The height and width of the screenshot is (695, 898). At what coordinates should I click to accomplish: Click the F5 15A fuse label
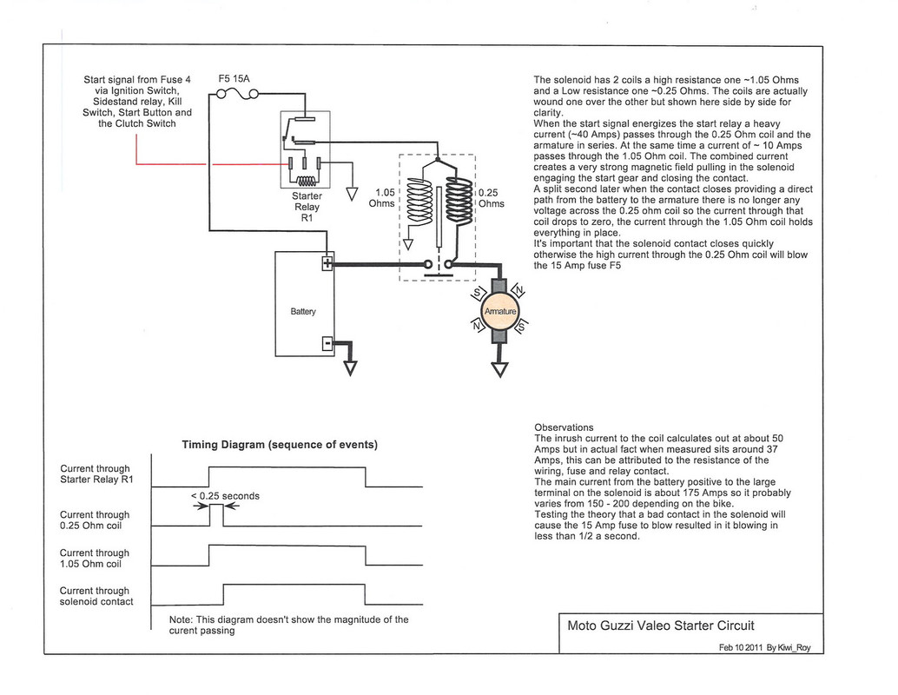click(234, 78)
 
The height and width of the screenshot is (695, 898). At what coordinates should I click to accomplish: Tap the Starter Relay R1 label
click(307, 207)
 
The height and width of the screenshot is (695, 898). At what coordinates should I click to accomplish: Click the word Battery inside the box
click(303, 311)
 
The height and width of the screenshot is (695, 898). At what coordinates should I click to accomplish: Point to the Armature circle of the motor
click(499, 311)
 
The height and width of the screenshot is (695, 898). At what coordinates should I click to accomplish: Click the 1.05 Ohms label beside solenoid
click(382, 198)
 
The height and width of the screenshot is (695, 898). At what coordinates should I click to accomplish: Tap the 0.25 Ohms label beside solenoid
click(491, 199)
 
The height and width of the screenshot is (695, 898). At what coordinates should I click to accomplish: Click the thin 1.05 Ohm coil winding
click(419, 208)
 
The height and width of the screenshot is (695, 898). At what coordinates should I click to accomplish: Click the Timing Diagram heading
click(279, 445)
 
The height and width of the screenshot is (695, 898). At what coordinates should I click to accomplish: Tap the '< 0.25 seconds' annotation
click(224, 496)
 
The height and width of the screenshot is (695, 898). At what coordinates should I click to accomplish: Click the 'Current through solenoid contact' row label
click(95, 596)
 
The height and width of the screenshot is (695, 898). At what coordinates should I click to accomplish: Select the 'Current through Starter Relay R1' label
click(95, 473)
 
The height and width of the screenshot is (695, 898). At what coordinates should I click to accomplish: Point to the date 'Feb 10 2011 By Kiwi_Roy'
click(765, 647)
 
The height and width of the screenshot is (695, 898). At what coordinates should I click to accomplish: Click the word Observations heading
click(564, 427)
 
